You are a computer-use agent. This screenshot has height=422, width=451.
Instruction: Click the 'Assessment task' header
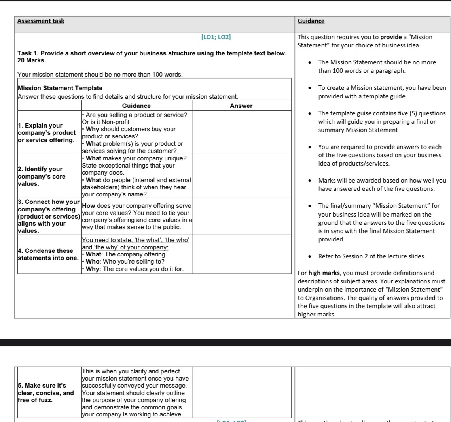[41, 21]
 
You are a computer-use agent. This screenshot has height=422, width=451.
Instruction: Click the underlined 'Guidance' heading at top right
[311, 21]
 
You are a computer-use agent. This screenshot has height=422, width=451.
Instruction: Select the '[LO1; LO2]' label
[216, 37]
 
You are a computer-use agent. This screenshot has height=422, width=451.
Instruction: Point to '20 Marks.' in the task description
[32, 60]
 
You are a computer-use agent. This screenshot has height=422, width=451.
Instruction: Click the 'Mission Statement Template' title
[60, 88]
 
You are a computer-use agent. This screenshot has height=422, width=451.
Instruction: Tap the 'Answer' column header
[241, 105]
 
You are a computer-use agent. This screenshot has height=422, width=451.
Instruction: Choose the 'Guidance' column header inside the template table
[136, 105]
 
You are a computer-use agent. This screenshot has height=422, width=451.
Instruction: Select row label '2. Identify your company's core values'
[42, 176]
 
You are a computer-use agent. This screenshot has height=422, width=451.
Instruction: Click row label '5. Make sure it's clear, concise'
[46, 393]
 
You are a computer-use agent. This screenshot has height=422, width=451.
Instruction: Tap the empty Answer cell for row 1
[241, 132]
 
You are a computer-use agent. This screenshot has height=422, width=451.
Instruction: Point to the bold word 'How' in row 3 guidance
[89, 206]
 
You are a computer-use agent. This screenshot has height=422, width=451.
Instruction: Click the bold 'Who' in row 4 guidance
[93, 262]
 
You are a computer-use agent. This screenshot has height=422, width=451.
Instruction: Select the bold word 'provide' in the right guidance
[390, 37]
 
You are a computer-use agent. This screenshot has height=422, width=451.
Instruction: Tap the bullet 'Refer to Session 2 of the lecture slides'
[371, 256]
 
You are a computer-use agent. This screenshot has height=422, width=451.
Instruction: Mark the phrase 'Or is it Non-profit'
[106, 122]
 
